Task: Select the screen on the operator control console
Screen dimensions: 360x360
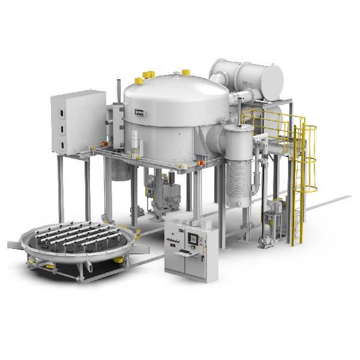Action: pyautogui.click(x=193, y=238)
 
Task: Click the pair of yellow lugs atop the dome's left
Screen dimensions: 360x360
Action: pyautogui.click(x=143, y=77)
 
